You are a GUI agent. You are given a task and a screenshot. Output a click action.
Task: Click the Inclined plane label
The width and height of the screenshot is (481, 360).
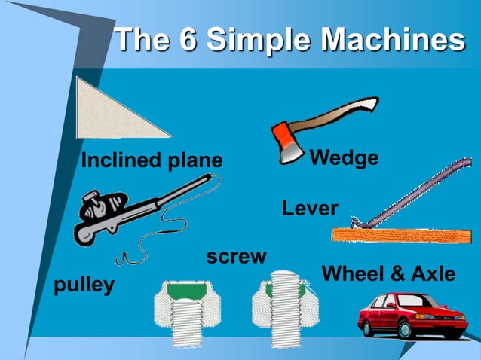point(152,160)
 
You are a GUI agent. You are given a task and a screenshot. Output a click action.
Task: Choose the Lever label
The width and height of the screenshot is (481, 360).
point(310,209)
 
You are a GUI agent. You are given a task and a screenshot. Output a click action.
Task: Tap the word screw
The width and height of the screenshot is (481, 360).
point(236,257)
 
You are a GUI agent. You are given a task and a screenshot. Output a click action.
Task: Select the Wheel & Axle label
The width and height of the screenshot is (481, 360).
point(388,274)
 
